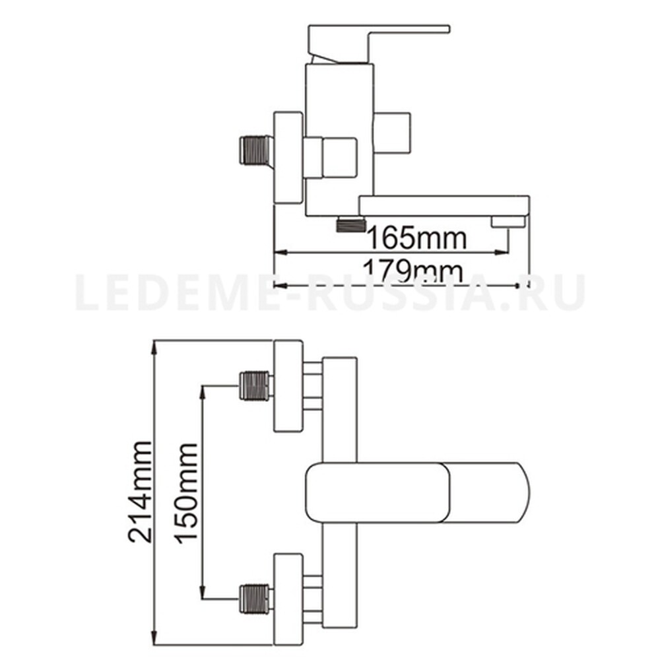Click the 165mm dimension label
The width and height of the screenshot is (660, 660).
point(417,238)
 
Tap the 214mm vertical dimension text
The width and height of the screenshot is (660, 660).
point(140,492)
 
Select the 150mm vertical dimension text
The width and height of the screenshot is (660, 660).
point(185,493)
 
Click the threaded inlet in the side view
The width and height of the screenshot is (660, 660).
point(255,149)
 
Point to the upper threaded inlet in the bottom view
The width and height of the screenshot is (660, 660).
point(255,385)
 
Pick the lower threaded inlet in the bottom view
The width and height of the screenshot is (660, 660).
point(255,599)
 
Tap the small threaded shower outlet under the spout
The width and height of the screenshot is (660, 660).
point(350,224)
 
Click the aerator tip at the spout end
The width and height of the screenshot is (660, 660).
point(508,221)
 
